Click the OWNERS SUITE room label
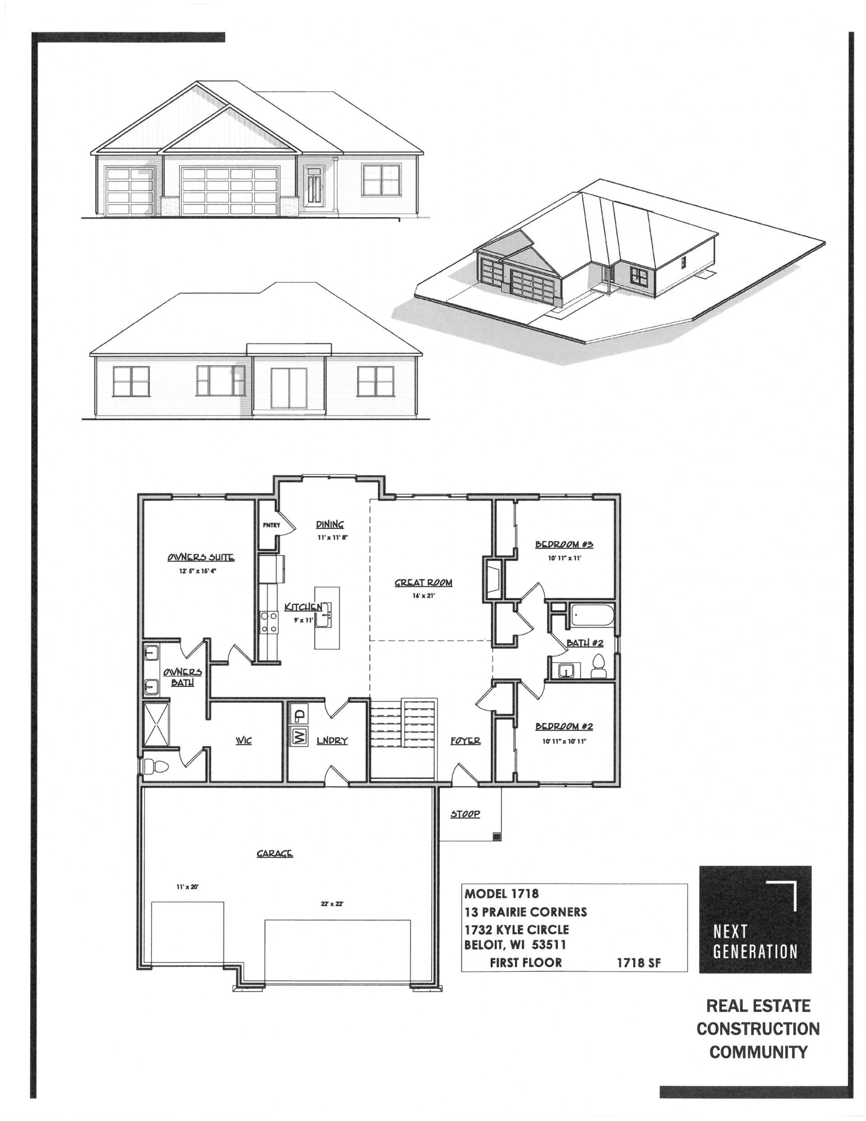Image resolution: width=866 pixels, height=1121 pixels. tap(201, 558)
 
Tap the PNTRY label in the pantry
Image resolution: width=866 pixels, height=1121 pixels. tap(271, 525)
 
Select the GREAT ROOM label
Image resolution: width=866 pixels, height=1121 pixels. tap(423, 582)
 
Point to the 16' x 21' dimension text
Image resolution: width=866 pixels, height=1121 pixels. tap(423, 596)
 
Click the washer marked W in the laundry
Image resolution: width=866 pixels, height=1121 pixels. tap(298, 737)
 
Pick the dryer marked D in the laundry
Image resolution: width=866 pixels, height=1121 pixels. tap(298, 713)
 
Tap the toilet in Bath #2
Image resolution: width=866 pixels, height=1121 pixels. tap(598, 667)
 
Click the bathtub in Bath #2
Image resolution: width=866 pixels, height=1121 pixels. tap(593, 615)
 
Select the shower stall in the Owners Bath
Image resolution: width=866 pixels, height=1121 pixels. tap(156, 724)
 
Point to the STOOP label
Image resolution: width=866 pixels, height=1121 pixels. tap(465, 814)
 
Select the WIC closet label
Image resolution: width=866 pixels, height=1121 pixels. tap(243, 741)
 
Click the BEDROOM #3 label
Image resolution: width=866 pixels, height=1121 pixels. tap(564, 544)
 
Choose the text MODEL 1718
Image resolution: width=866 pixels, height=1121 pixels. tap(502, 894)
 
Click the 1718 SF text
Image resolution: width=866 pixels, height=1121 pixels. tap(639, 963)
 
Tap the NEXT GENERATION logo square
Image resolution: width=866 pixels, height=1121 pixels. tap(755, 919)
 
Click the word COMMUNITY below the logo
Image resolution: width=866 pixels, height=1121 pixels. tap(758, 1052)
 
